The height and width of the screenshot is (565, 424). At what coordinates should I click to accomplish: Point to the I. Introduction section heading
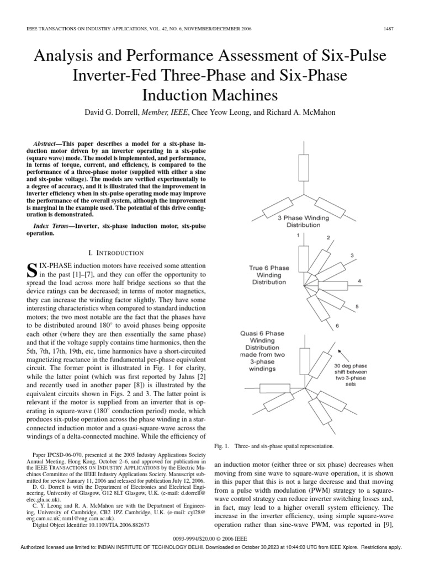click(x=120, y=253)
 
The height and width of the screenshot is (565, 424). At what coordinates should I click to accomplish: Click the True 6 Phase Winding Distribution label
click(x=269, y=275)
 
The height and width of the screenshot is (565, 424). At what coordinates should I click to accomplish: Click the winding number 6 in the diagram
click(x=337, y=326)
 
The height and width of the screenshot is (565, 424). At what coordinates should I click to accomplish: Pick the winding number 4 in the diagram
click(x=359, y=281)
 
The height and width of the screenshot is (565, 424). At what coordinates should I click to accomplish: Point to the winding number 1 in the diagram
click(x=298, y=235)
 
